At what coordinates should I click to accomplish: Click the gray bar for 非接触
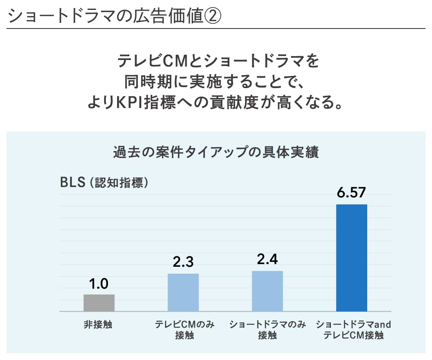tap(99, 303)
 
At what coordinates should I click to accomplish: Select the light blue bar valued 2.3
tap(183, 292)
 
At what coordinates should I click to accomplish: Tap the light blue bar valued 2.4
tap(267, 291)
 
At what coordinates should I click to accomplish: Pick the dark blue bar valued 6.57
tap(352, 258)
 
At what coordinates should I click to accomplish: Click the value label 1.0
tap(99, 284)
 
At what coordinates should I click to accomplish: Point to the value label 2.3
tap(183, 262)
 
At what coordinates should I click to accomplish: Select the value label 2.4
tap(267, 259)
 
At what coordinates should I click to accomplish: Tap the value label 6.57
tap(352, 193)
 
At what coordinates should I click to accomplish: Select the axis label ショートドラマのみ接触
tap(267, 330)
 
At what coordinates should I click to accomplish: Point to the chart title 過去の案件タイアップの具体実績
tap(216, 153)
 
